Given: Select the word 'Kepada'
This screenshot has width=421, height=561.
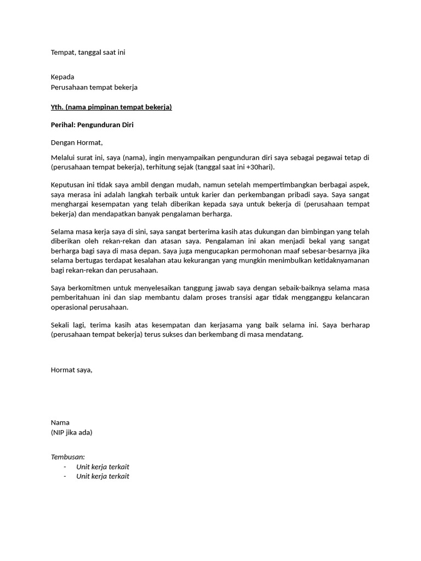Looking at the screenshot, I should (x=62, y=77).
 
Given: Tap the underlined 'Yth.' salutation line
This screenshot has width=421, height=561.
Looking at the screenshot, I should (x=111, y=107).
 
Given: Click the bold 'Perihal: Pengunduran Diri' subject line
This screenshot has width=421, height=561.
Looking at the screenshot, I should (x=92, y=125).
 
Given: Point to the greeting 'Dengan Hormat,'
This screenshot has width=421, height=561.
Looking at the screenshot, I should (x=77, y=143).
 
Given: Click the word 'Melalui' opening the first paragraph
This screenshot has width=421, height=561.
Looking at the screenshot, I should (x=64, y=158).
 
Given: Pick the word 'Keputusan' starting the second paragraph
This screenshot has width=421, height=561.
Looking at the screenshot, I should (x=69, y=185).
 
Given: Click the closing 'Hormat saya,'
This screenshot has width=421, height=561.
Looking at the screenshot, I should (x=72, y=370).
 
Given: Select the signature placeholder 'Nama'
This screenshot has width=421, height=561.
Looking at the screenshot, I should (x=60, y=422).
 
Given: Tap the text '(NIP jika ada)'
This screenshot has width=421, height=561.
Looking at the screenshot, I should (x=72, y=432).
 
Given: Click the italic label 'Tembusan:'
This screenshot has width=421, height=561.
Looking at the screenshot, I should (x=68, y=456).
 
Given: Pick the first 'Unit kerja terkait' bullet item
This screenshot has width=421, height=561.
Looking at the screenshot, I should (x=103, y=467).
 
